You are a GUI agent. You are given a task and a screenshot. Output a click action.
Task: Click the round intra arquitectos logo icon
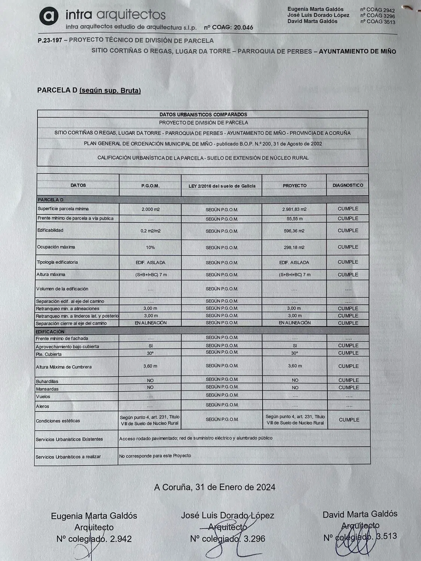point(49,16)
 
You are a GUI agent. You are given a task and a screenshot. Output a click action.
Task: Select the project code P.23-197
point(49,40)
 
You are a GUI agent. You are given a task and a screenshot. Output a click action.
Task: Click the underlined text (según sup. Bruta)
point(110,91)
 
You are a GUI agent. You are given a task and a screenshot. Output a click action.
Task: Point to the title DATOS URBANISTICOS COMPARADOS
point(203,114)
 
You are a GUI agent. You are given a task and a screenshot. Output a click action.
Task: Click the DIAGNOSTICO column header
point(348,185)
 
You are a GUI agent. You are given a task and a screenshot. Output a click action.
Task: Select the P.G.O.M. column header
point(150,186)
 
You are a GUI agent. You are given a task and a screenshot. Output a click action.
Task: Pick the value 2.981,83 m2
point(294,209)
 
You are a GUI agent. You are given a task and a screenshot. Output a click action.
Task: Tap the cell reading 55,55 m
point(295,218)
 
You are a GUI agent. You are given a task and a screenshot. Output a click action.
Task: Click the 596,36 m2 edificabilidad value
point(294,231)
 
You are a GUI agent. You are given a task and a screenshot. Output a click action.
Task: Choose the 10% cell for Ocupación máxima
point(150,247)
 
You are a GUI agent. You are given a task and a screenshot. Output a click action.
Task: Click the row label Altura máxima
point(51,275)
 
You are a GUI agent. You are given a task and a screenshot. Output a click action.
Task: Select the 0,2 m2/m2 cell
point(150,231)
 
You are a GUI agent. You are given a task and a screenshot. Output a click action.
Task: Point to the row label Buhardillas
point(47,381)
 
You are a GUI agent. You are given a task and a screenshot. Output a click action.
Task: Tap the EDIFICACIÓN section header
point(50,332)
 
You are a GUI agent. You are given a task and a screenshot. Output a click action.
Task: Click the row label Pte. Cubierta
point(49,354)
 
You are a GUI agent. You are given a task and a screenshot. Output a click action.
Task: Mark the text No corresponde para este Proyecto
point(155,456)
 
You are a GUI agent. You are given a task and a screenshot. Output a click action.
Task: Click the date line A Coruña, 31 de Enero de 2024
point(214,487)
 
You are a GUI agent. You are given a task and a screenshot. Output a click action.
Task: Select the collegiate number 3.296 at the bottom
point(254,539)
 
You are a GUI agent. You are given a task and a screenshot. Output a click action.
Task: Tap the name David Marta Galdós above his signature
point(360,514)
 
